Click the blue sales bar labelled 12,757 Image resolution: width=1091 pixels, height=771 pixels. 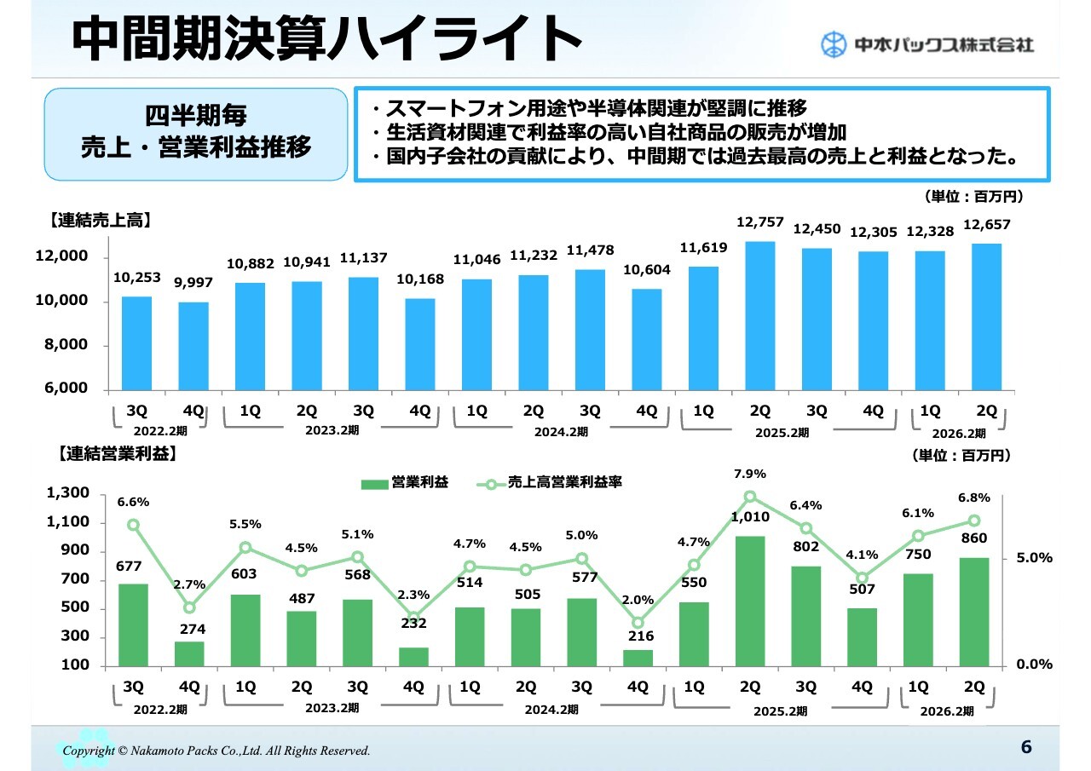[x=760, y=315]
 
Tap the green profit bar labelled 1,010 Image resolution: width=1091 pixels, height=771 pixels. [x=750, y=601]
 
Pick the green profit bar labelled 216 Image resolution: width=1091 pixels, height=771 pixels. [x=638, y=658]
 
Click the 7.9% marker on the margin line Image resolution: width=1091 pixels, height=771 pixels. [x=750, y=497]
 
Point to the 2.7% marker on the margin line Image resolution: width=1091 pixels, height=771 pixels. [x=189, y=607]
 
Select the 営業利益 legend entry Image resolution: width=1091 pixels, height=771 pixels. [x=405, y=483]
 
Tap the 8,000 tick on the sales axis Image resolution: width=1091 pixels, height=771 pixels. [x=66, y=345]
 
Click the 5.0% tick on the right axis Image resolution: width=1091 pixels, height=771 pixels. [x=1035, y=559]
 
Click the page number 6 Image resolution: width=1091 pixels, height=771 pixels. [x=1026, y=747]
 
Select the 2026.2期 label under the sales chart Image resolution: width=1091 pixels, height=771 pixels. [x=964, y=434]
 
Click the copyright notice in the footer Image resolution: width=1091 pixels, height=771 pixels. [x=216, y=751]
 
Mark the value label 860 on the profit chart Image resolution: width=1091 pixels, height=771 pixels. [x=973, y=538]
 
